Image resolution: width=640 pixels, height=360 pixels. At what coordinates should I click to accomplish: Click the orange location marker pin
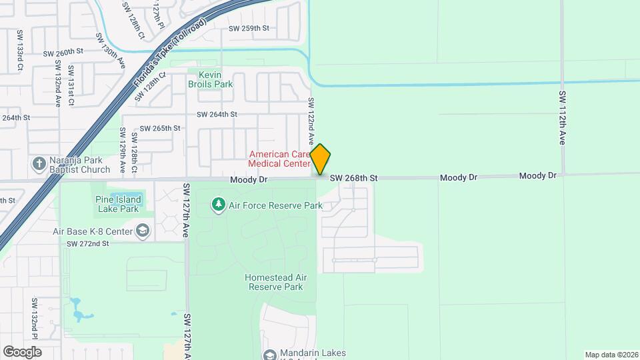click(x=321, y=159)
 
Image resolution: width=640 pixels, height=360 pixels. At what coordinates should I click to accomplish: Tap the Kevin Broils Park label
click(x=211, y=79)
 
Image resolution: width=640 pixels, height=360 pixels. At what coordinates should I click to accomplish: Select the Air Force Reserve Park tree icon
click(x=218, y=205)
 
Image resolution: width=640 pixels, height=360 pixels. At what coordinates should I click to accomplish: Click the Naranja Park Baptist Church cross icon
click(x=39, y=164)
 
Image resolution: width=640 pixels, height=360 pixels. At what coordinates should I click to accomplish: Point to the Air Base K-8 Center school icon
click(x=142, y=231)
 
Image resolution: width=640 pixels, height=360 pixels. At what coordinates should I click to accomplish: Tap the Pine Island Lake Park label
click(x=118, y=204)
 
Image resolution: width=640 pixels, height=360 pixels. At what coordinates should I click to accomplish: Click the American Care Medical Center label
click(x=279, y=158)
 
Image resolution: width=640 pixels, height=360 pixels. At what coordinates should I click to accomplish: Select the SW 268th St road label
click(x=353, y=178)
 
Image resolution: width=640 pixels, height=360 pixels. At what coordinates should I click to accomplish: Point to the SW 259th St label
click(x=249, y=28)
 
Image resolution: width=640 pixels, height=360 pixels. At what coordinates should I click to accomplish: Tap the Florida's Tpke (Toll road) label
click(x=169, y=54)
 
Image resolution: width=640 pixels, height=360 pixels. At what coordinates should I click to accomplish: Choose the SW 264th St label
click(x=217, y=114)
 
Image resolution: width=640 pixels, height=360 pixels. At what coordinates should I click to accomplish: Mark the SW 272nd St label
click(x=87, y=244)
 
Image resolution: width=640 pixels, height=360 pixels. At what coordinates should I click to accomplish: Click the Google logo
click(x=22, y=351)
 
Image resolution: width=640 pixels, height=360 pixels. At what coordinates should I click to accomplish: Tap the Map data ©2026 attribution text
click(x=611, y=355)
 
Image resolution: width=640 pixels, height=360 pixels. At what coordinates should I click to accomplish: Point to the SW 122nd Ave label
click(x=311, y=122)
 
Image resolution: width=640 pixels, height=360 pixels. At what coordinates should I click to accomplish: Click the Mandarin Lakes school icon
click(x=269, y=355)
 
